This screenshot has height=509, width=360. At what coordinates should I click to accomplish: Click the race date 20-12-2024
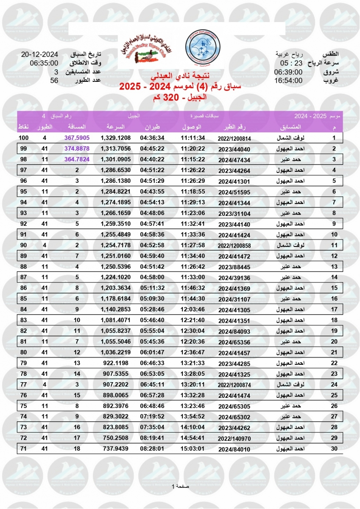pos(39,55)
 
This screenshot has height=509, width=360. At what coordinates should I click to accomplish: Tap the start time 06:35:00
pos(44,63)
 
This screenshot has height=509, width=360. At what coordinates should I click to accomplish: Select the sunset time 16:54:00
pos(288,80)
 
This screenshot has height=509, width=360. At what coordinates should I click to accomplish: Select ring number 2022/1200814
pos(234,138)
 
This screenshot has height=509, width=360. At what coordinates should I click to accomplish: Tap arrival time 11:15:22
pos(193,159)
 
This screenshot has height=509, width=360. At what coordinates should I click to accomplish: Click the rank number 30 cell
pos(334,449)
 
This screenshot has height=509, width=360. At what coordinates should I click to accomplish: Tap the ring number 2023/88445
pos(234,267)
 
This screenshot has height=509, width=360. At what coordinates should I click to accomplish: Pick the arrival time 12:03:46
pos(193,310)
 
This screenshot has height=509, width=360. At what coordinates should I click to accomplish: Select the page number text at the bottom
pos(180,486)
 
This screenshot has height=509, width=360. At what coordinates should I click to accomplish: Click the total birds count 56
pos(54,80)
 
